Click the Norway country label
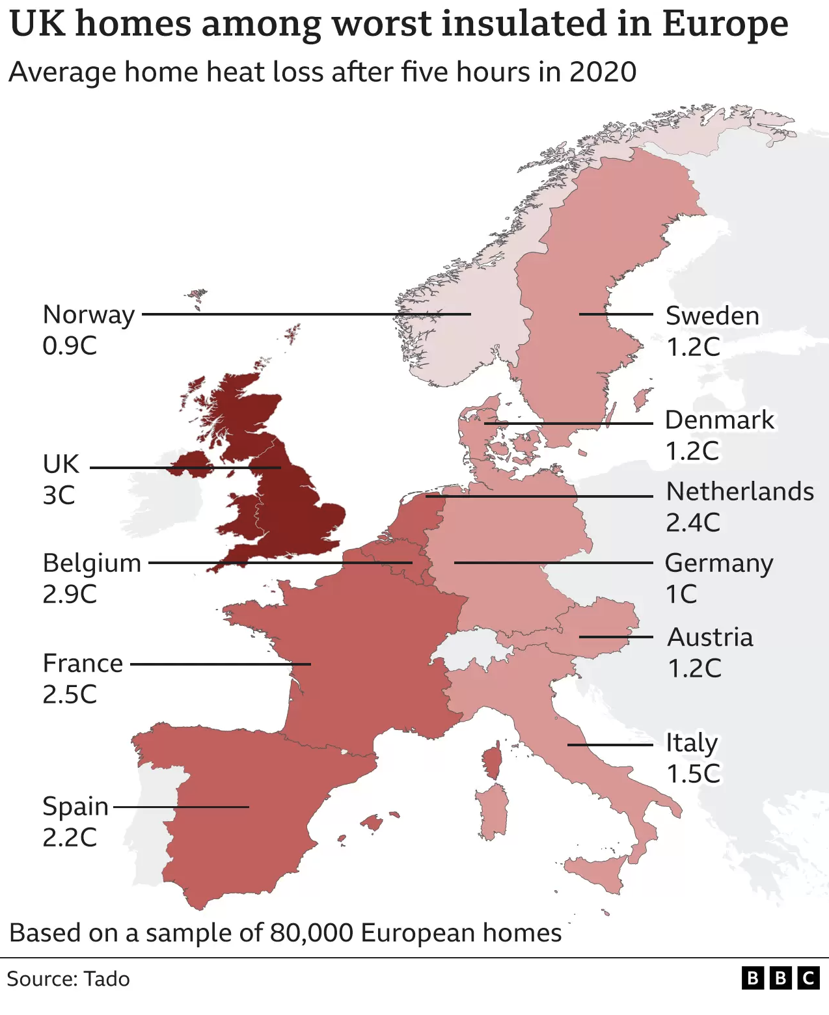click(88, 315)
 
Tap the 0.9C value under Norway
click(70, 345)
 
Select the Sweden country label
click(712, 316)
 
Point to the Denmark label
click(719, 420)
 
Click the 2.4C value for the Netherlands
click(693, 522)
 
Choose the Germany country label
click(718, 564)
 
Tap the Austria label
click(710, 638)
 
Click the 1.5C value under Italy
click(693, 774)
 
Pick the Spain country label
click(75, 807)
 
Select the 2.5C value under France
click(70, 694)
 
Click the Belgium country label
click(92, 563)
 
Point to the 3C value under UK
click(59, 496)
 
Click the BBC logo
click(780, 978)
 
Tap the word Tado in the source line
click(107, 979)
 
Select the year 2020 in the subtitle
click(603, 72)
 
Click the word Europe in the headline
click(725, 24)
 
